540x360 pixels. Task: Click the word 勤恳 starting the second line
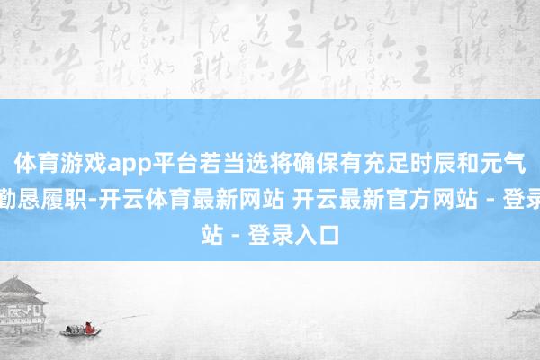point(26,190)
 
